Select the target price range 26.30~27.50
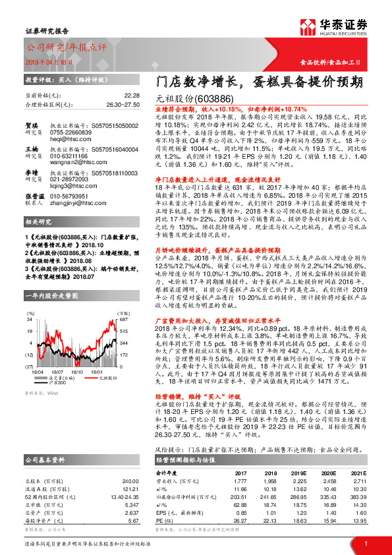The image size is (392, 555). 123,104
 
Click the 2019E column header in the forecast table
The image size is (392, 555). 300,473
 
